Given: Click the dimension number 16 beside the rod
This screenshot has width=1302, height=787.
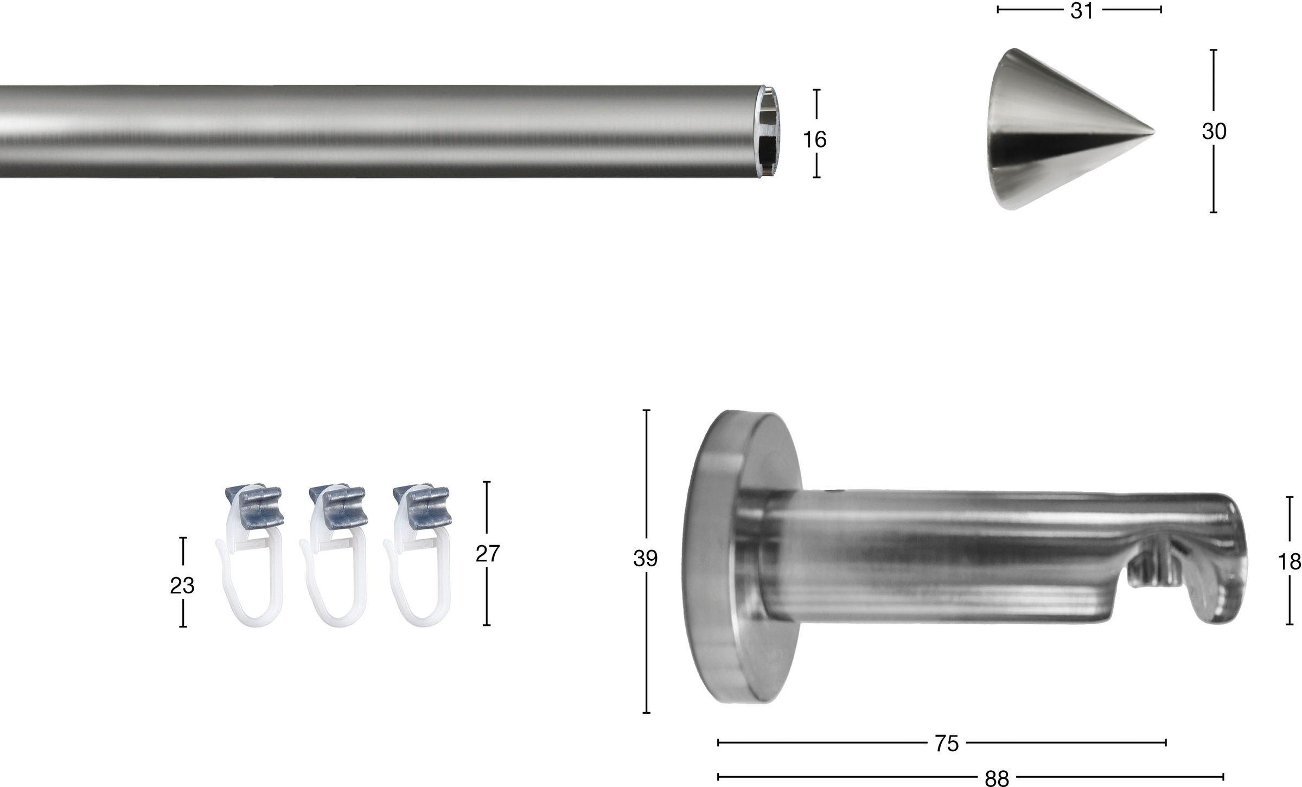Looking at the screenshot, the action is pos(814,140).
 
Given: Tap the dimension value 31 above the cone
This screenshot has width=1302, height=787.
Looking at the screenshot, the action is pos(1082,11).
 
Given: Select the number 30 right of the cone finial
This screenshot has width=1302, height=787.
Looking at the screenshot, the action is pos(1214,132).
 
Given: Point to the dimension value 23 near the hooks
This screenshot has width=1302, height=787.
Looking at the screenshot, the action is pos(182,586).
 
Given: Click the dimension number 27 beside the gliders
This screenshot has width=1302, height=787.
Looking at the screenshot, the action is pos(487,554).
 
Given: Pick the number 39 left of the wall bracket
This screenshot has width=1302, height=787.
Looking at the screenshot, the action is pos(646,559).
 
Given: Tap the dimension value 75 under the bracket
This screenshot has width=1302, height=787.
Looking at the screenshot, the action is pos(947,744).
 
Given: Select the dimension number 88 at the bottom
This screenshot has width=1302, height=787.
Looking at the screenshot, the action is pos(997,779).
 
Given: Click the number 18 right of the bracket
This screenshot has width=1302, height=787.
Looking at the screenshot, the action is pos(1290,562).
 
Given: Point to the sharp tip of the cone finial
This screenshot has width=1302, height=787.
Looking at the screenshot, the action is pos(1154,131).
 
